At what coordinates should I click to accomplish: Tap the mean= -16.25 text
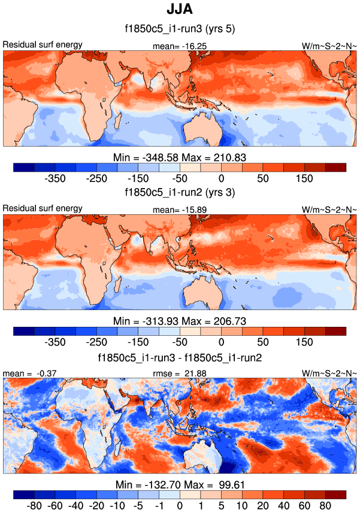[180, 45]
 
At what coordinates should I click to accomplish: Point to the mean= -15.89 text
[180, 210]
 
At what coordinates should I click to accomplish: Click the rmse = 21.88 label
[180, 374]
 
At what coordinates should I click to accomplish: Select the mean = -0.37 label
[22, 374]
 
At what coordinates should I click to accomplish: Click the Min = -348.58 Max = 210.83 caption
[180, 157]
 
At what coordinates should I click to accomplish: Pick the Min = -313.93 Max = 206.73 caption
[180, 321]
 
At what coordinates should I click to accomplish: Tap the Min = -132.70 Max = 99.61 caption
[180, 485]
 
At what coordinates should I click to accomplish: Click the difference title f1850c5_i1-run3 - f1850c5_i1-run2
[180, 357]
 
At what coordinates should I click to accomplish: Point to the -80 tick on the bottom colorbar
[34, 506]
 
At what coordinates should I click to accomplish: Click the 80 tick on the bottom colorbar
[325, 506]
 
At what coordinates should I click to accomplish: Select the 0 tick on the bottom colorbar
[180, 506]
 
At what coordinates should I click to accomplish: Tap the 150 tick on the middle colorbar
[304, 342]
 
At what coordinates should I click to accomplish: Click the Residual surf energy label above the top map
[43, 45]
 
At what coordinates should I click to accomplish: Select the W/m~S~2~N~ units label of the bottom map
[329, 374]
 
